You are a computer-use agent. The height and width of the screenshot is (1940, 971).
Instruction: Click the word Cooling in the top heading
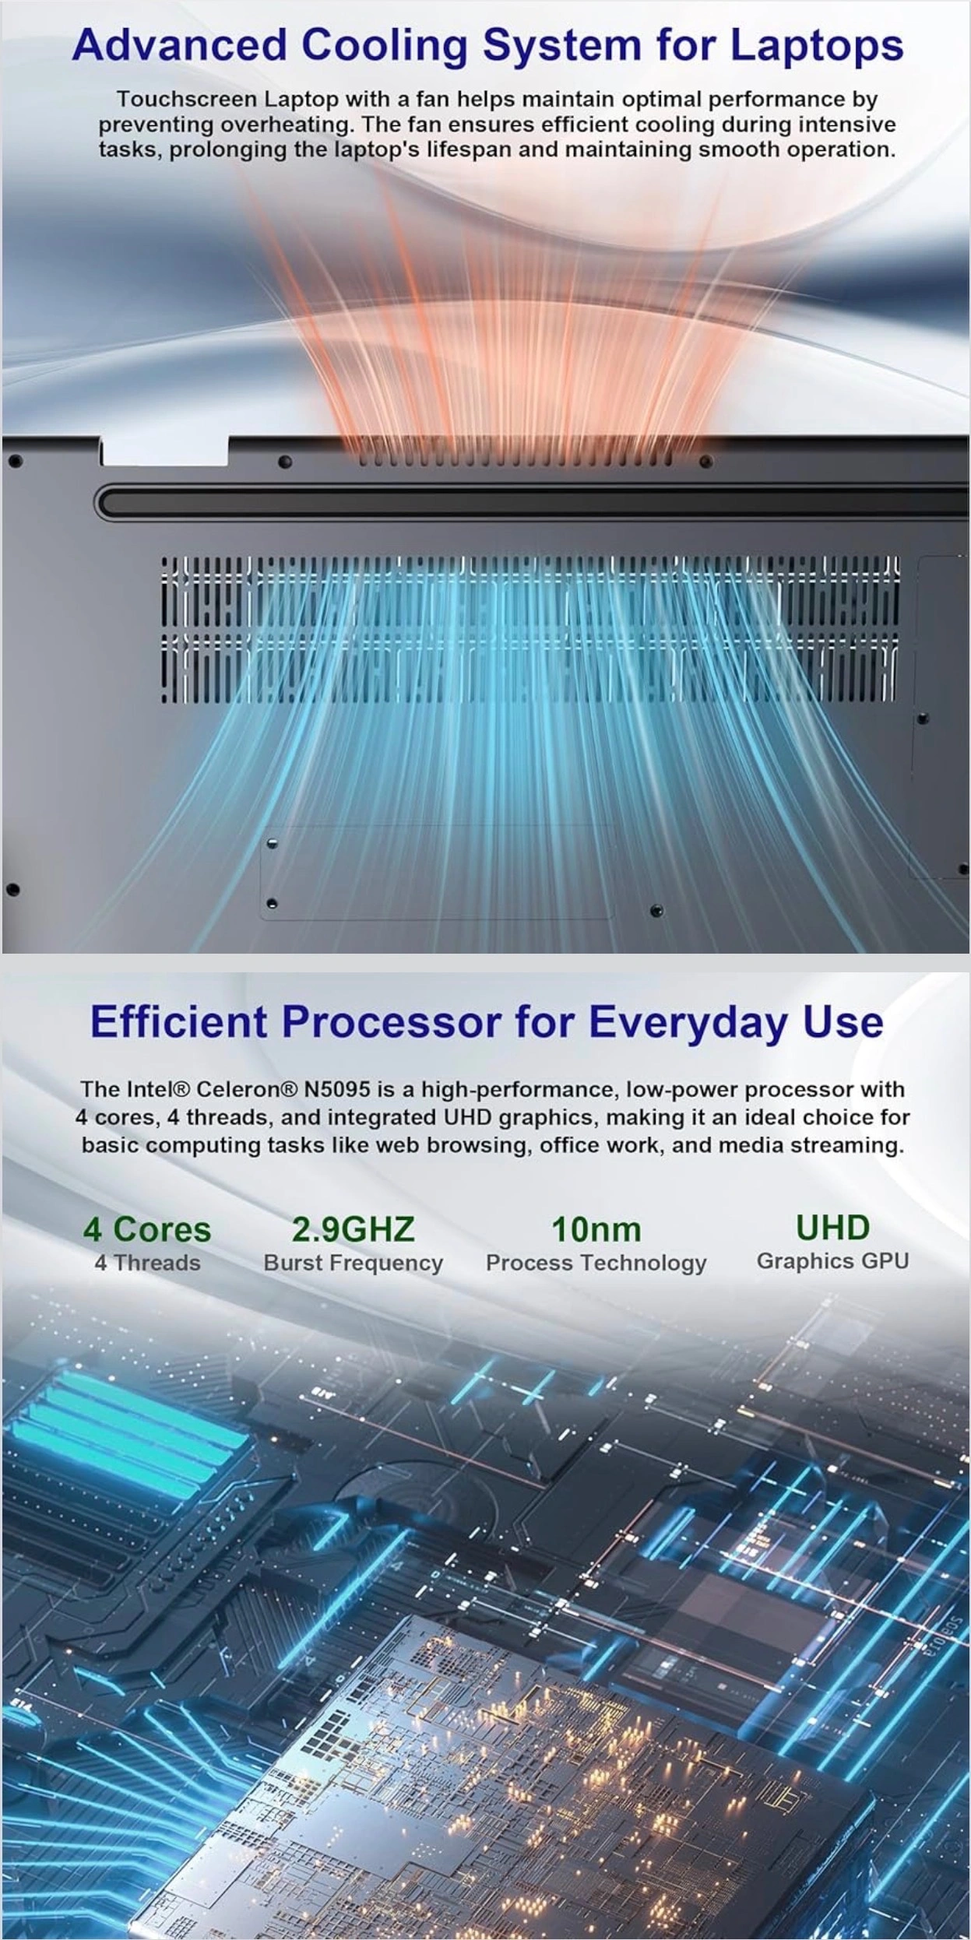(384, 46)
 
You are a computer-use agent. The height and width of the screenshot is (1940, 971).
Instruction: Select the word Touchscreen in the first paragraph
(187, 100)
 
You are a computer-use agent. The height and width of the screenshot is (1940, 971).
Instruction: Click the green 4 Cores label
(147, 1230)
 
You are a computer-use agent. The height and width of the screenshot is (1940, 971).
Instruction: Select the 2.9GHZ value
(354, 1230)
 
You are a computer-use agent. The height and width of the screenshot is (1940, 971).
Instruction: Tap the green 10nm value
(596, 1230)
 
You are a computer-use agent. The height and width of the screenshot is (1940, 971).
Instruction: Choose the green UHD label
(832, 1228)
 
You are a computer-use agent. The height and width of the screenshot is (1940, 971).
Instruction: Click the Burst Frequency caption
(354, 1263)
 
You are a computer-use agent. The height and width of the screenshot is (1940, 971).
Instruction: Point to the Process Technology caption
(596, 1263)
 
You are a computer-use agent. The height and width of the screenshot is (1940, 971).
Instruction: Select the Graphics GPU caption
(833, 1261)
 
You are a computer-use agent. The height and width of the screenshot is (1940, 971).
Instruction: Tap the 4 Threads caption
(147, 1263)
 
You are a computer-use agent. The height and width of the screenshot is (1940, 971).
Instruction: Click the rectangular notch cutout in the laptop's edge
(164, 452)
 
